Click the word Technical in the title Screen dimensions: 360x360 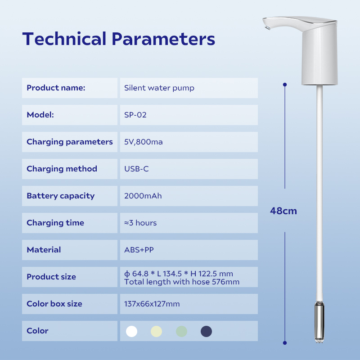[64, 39]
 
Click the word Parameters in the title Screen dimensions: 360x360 [163, 39]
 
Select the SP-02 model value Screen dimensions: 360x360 [135, 115]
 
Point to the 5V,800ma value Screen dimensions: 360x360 [144, 142]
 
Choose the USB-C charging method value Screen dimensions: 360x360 [136, 169]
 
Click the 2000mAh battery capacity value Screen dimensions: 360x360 [143, 196]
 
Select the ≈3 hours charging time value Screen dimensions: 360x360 [140, 223]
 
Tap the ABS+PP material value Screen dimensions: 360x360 [139, 250]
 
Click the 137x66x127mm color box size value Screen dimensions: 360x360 [152, 304]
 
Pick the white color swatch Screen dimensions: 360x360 [131, 331]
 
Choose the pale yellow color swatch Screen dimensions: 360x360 [156, 331]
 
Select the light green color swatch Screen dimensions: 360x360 [181, 331]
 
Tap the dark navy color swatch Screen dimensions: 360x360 [206, 331]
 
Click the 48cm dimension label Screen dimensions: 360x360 [283, 211]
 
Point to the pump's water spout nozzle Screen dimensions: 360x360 [267, 27]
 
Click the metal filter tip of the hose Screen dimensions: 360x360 [319, 322]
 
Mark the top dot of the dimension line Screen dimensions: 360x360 [285, 85]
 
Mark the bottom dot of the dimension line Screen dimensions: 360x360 [285, 343]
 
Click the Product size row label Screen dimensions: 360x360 [51, 277]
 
